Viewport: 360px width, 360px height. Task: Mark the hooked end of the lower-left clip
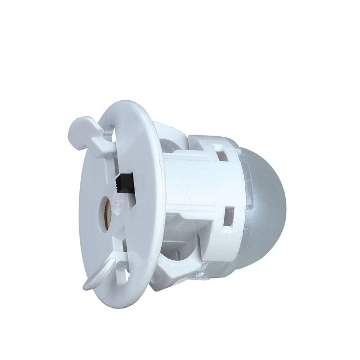(88, 285)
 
